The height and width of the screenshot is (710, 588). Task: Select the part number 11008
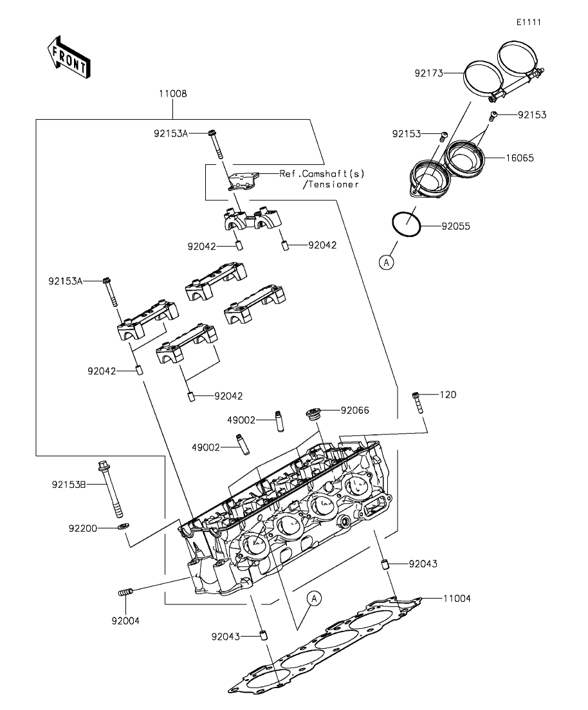coord(173,94)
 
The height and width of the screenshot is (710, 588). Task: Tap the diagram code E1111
coord(528,23)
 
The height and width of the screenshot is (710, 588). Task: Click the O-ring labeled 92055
coord(406,225)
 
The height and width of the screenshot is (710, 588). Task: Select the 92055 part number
coord(455,227)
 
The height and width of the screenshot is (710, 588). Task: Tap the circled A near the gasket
coord(313,599)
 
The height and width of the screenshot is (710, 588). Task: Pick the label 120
coord(448,395)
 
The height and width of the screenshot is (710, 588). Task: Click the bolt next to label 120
coord(418,402)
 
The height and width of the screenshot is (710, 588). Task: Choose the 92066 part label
coord(355,409)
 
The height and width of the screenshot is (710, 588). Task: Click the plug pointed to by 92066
coord(314,414)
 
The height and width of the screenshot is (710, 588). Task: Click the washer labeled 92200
coord(123,527)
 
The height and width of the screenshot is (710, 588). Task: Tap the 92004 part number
coord(125,621)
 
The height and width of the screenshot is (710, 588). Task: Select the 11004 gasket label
coord(457,599)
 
